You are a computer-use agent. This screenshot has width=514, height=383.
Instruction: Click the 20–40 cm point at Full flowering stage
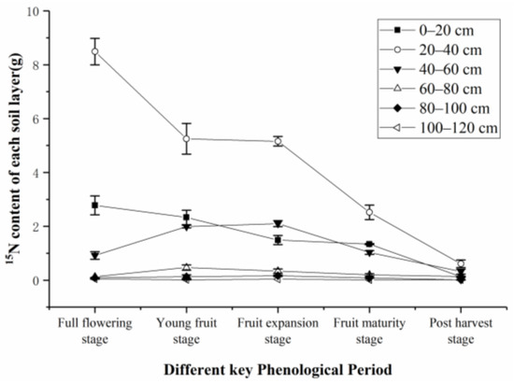(95, 51)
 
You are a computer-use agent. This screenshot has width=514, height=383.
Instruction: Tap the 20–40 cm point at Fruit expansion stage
(278, 141)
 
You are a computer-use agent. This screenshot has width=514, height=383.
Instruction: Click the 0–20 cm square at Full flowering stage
(95, 205)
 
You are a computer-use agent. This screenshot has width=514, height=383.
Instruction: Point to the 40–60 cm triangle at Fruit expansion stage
(278, 224)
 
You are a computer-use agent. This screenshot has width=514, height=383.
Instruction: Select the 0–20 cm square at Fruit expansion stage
(278, 240)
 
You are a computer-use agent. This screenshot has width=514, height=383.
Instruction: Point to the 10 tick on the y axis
(36, 11)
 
